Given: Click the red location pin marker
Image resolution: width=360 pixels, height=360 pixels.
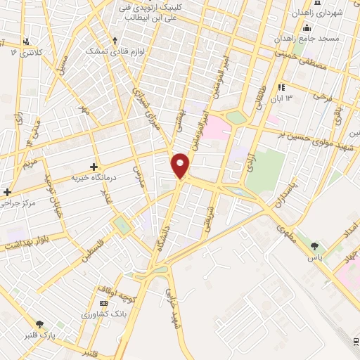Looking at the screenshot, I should [181, 166].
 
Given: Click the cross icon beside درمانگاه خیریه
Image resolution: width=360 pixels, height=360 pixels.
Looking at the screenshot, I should [94, 167].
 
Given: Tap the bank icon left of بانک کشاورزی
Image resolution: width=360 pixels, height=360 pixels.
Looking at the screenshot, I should [103, 303].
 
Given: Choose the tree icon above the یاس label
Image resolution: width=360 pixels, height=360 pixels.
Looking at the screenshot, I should [314, 246].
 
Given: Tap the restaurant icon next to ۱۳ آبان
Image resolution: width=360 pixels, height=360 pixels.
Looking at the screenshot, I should [281, 88].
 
